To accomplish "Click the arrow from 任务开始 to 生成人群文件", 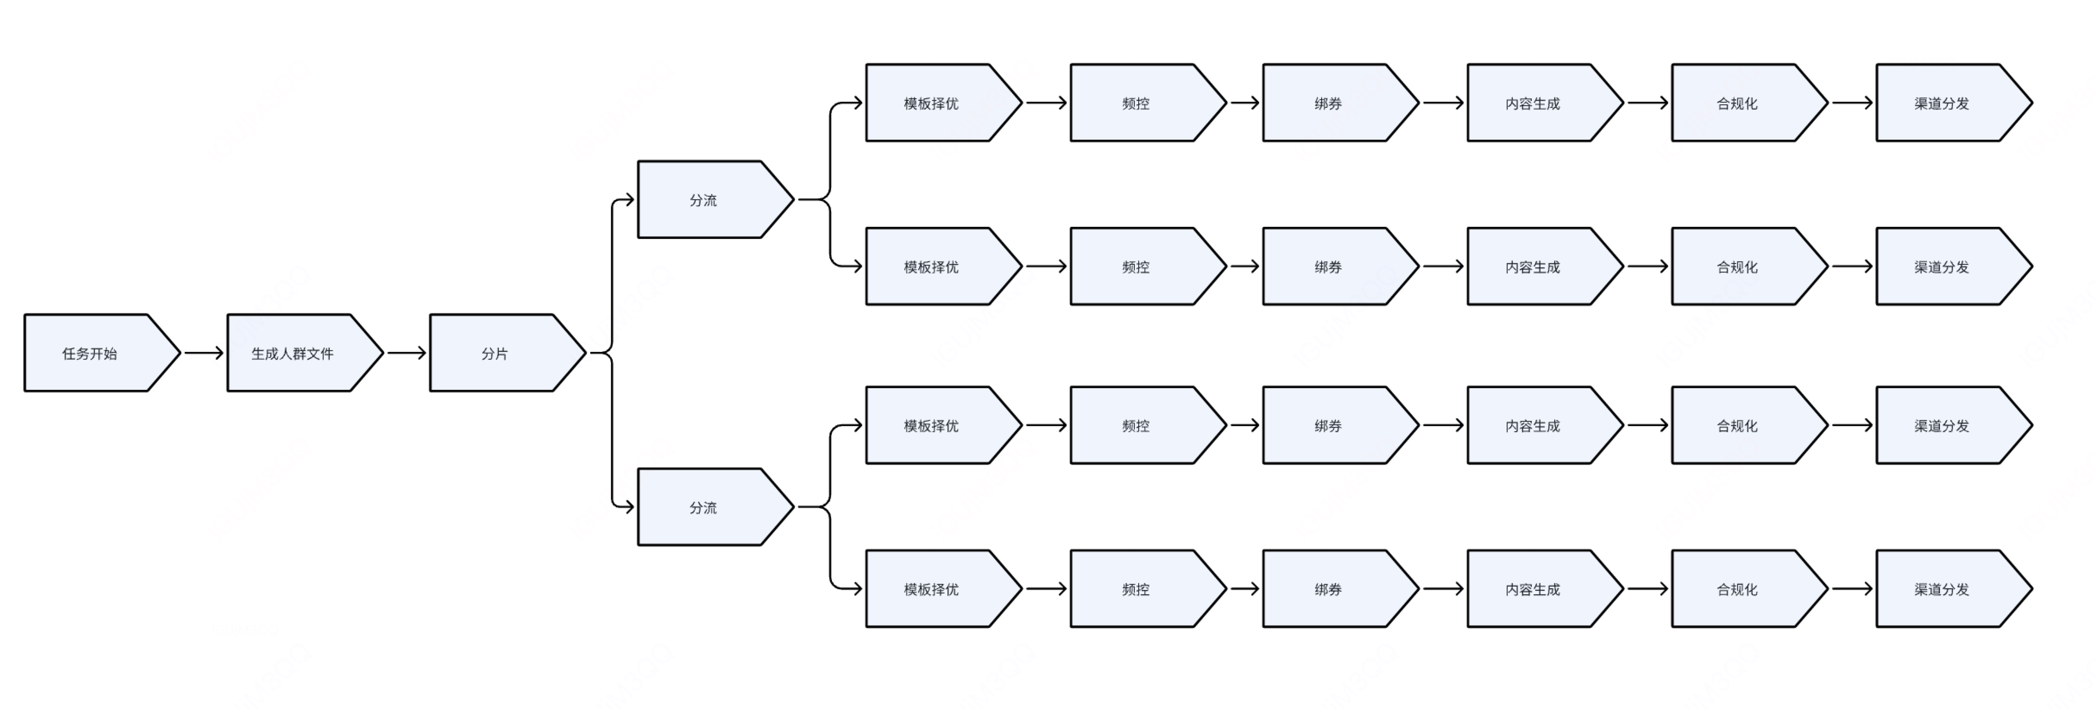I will tap(204, 352).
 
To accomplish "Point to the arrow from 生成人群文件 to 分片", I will tap(406, 352).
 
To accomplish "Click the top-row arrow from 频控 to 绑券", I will tap(1245, 103).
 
